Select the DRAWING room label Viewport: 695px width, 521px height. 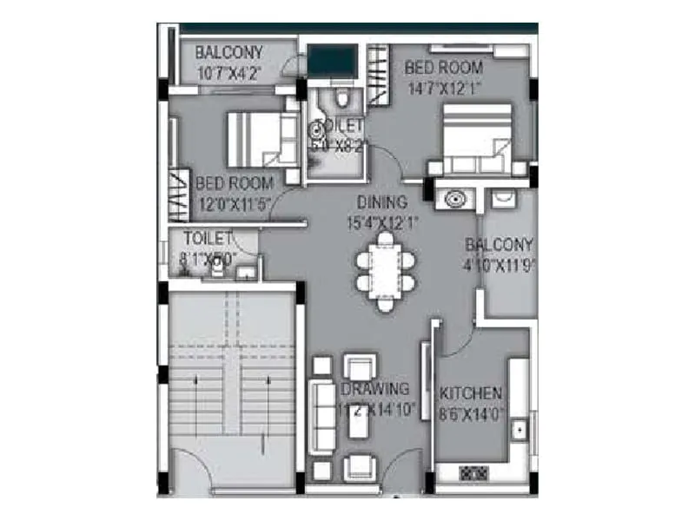[x=375, y=389]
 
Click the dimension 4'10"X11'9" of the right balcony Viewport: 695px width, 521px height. [x=499, y=265]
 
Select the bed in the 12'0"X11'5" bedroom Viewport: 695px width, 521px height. [x=253, y=140]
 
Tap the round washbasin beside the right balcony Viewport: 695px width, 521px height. [x=453, y=199]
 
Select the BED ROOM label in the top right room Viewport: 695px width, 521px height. [x=445, y=67]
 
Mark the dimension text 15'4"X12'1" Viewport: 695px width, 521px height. [x=381, y=222]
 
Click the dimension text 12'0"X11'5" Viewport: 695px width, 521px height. [x=235, y=205]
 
